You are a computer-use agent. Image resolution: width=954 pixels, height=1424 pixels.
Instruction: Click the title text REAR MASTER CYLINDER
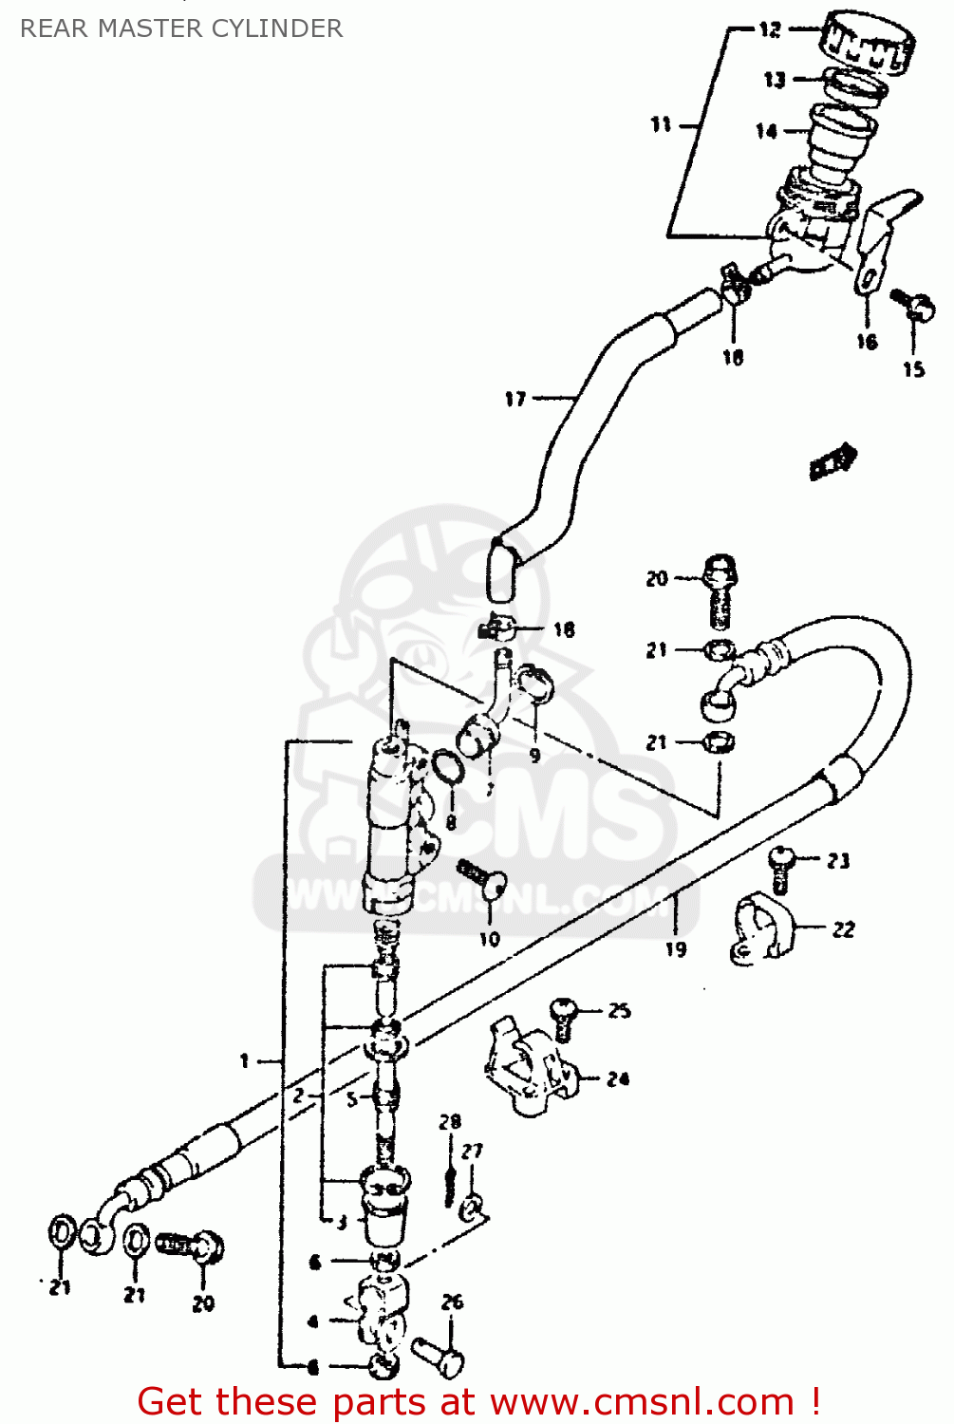181,28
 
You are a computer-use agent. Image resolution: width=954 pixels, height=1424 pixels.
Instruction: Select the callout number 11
661,124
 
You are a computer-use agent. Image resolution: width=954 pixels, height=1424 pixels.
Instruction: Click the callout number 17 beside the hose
514,399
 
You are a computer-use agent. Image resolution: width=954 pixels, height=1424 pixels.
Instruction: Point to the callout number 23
838,861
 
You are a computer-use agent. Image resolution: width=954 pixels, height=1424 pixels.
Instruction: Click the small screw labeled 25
565,1015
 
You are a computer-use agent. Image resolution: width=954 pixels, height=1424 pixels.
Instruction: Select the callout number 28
449,1122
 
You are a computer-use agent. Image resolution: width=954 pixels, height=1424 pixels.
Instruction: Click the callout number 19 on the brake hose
675,948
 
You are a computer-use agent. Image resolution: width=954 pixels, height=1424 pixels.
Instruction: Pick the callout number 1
244,1060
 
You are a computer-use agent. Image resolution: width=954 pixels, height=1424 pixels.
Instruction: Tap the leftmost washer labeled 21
60,1234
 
